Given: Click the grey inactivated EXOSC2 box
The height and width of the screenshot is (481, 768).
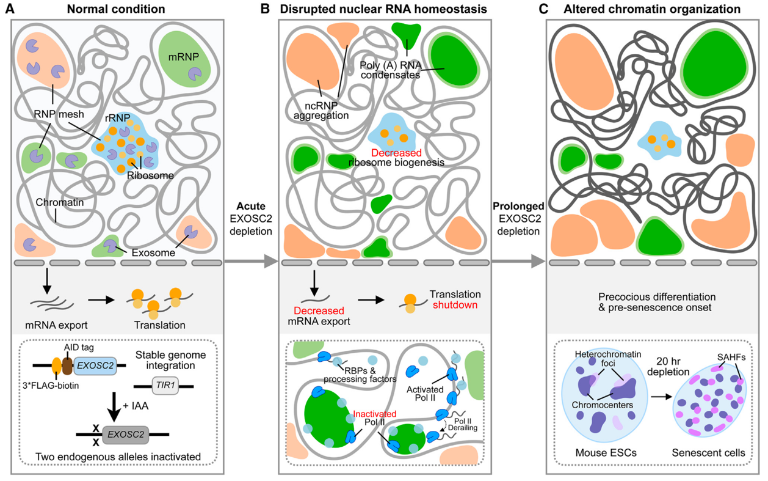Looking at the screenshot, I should point(124,434).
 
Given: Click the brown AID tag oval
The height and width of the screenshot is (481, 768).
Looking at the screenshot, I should point(67,364).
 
